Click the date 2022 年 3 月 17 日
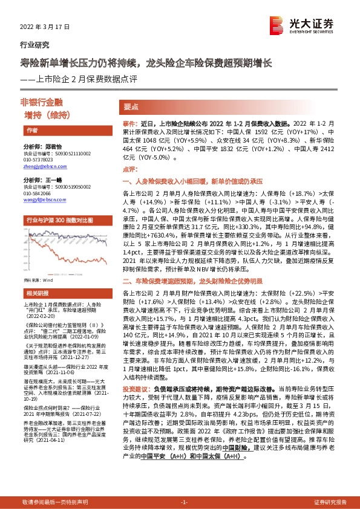41,28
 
